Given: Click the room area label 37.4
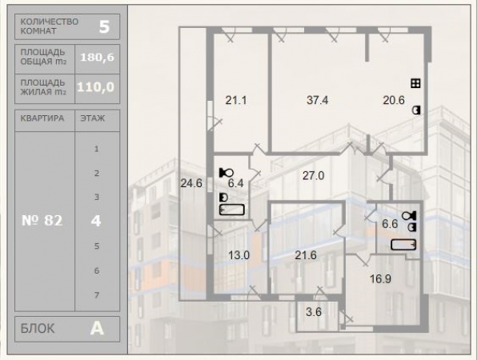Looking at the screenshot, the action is (x=317, y=100).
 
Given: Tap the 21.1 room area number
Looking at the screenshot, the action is (x=236, y=100).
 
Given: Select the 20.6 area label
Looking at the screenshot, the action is (x=394, y=100).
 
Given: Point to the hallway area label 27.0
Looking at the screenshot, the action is (x=314, y=175).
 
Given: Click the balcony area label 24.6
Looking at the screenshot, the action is (x=191, y=183).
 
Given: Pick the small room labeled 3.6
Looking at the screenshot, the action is (x=314, y=312).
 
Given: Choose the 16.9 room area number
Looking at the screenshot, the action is (x=380, y=278).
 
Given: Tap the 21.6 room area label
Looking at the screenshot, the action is (x=306, y=254).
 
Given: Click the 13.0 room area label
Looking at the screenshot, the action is (x=238, y=254).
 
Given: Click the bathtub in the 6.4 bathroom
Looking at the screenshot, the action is (x=232, y=210).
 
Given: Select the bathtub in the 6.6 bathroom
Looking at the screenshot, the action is (x=403, y=245).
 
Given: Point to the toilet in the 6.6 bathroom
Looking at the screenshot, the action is (x=409, y=216).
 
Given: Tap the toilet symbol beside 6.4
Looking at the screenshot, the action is (x=226, y=173).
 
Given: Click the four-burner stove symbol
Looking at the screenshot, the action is (x=415, y=83).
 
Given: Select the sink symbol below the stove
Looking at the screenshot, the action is (x=416, y=110).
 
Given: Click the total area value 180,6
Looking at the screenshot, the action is (x=98, y=57).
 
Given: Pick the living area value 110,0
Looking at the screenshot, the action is (x=96, y=87).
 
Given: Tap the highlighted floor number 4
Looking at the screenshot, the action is (x=96, y=221).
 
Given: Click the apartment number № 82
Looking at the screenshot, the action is (x=42, y=221).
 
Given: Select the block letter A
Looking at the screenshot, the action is (x=97, y=328).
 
